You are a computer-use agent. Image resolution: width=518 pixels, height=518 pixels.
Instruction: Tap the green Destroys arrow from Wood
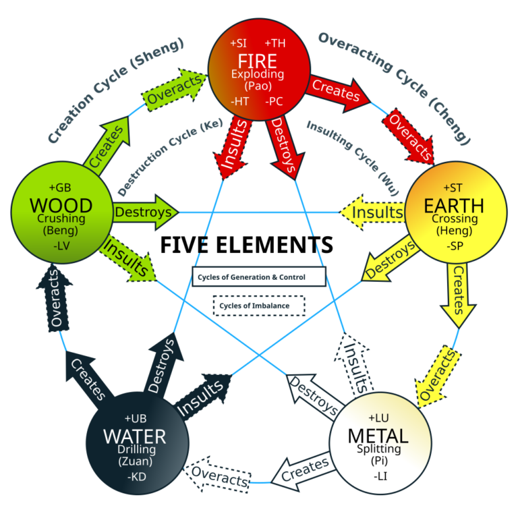pyautogui.click(x=144, y=212)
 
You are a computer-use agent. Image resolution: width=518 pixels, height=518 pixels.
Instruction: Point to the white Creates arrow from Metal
pyautogui.click(x=304, y=471)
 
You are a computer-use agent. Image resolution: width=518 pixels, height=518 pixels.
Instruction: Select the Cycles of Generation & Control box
pyautogui.click(x=259, y=277)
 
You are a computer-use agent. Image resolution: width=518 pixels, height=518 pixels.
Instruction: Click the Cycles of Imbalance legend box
pyautogui.click(x=259, y=306)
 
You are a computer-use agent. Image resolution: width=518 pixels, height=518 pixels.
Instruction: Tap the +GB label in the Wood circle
pyautogui.click(x=59, y=187)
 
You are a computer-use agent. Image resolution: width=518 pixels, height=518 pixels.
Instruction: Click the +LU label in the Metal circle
pyautogui.click(x=378, y=418)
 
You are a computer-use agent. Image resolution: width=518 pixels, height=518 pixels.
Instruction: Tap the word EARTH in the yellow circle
pyautogui.click(x=453, y=204)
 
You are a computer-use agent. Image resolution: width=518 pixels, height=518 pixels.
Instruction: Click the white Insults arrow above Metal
pyautogui.click(x=356, y=364)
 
